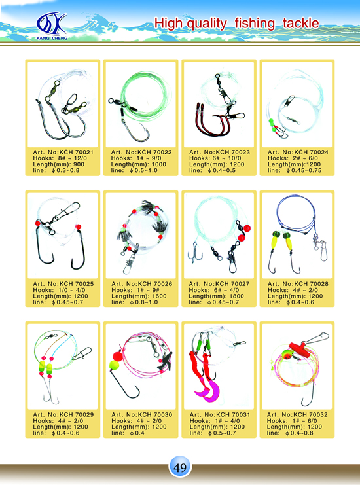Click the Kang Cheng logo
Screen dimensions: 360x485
click(52, 26)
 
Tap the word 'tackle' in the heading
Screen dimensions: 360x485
click(300, 23)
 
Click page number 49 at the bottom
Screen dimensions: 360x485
click(180, 467)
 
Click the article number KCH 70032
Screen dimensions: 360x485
click(310, 414)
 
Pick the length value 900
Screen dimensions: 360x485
click(79, 164)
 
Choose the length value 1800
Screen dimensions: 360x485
click(236, 296)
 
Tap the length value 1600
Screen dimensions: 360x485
click(159, 296)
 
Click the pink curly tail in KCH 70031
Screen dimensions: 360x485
click(208, 392)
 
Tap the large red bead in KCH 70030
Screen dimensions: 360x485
click(118, 357)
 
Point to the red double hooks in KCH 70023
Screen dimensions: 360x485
click(212, 122)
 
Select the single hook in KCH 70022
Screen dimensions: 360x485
click(135, 131)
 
